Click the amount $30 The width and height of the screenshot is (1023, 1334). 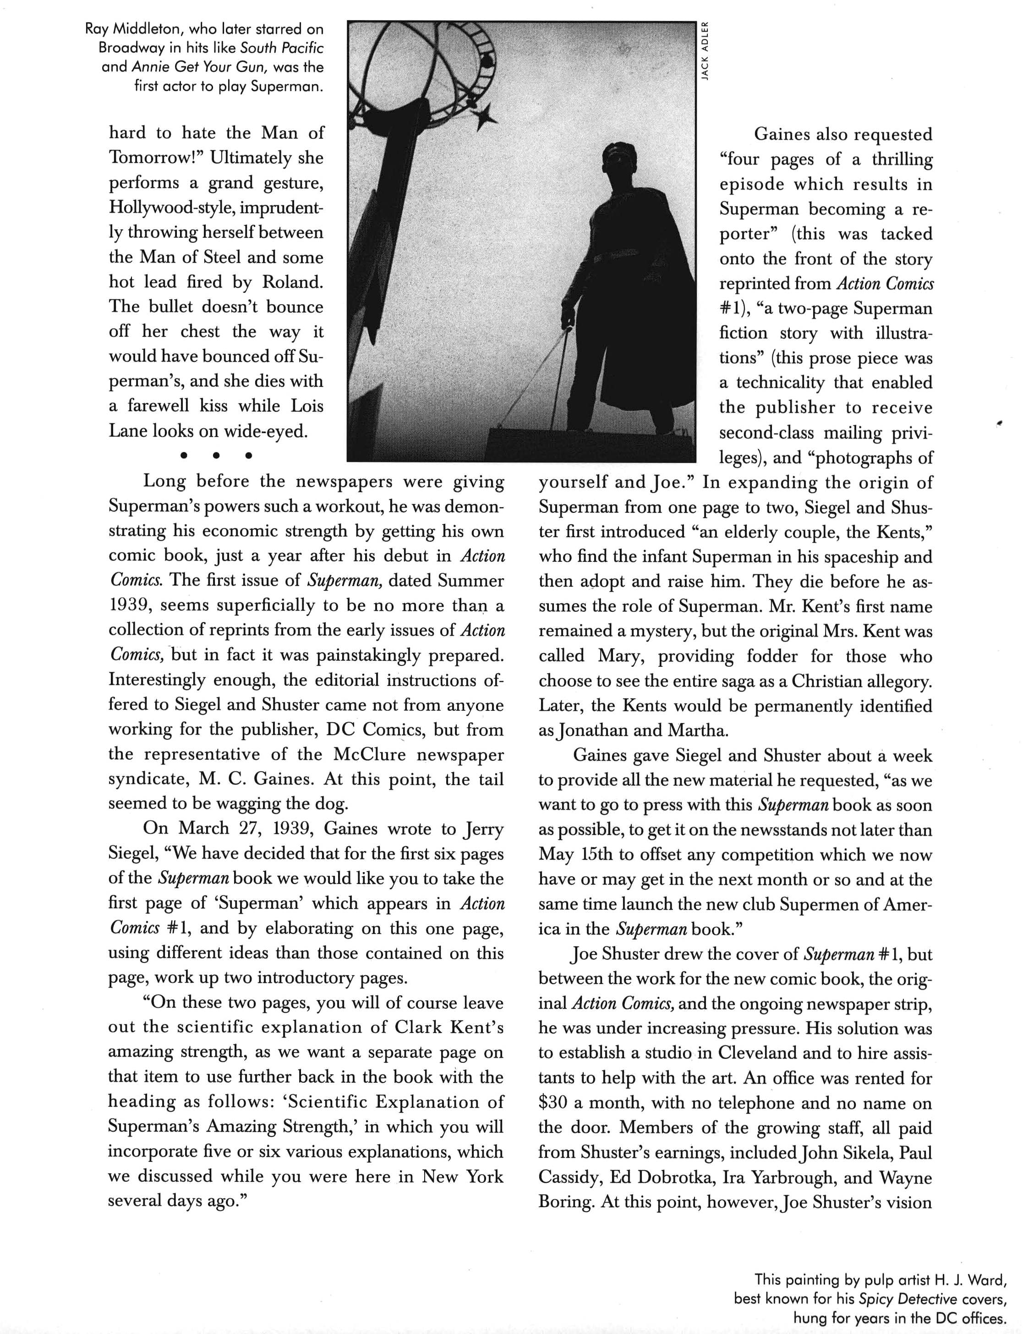(553, 1103)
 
